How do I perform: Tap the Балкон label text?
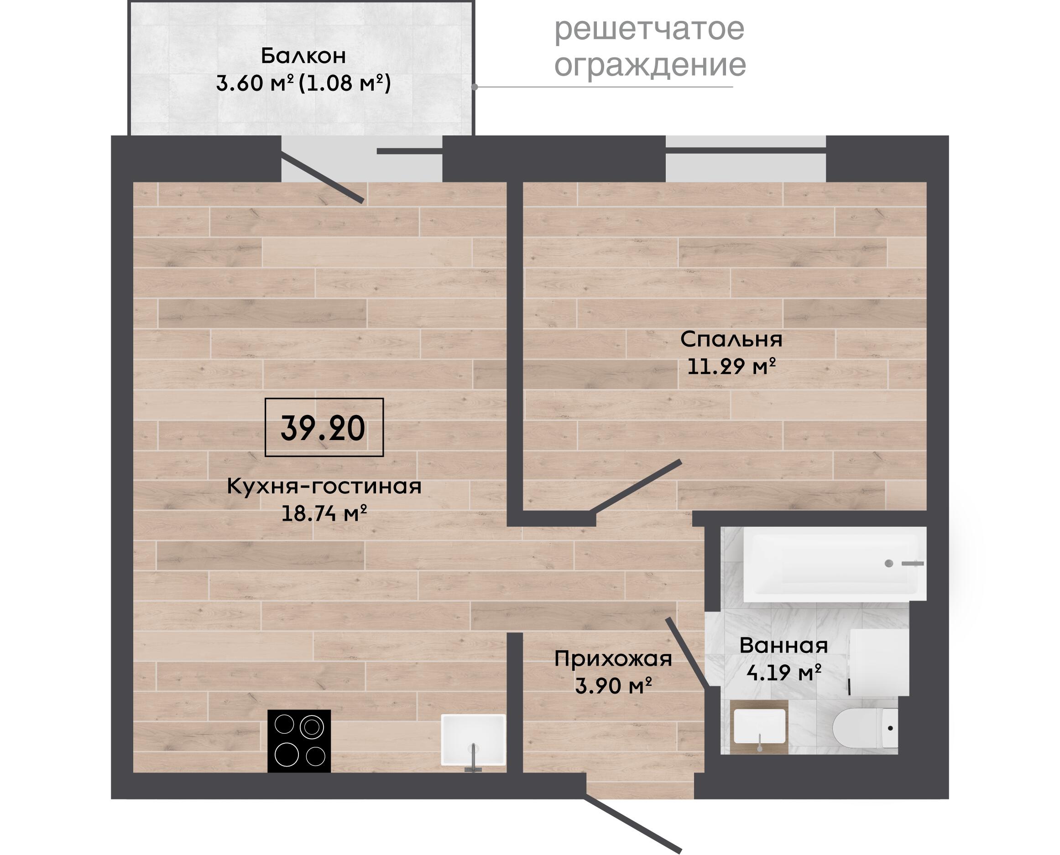[303, 56]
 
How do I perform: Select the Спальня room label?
[731, 340]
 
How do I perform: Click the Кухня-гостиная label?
[324, 487]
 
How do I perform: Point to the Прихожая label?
[613, 659]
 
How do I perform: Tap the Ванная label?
[783, 645]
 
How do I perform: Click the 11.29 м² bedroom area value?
[731, 367]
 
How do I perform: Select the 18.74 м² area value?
[324, 514]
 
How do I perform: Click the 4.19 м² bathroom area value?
[783, 672]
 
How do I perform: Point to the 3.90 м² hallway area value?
[613, 685]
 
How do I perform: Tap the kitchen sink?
[473, 740]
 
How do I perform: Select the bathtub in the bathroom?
[835, 565]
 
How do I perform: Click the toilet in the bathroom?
[865, 728]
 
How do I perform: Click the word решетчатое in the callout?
[649, 30]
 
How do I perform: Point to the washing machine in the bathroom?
[879, 663]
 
